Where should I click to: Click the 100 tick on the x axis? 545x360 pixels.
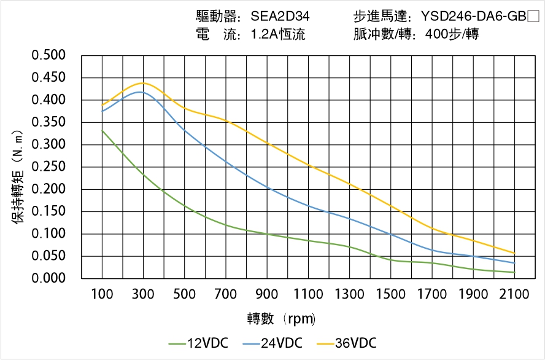(102, 294)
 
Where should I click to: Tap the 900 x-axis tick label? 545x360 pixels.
(267, 294)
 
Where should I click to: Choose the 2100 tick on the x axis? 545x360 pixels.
(514, 294)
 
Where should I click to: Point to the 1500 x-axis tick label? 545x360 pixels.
(390, 294)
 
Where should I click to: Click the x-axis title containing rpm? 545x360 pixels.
(281, 319)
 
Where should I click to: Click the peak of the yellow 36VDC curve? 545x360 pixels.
(143, 83)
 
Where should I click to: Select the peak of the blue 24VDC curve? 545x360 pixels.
(141, 92)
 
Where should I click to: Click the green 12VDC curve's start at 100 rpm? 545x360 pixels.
(102, 130)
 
